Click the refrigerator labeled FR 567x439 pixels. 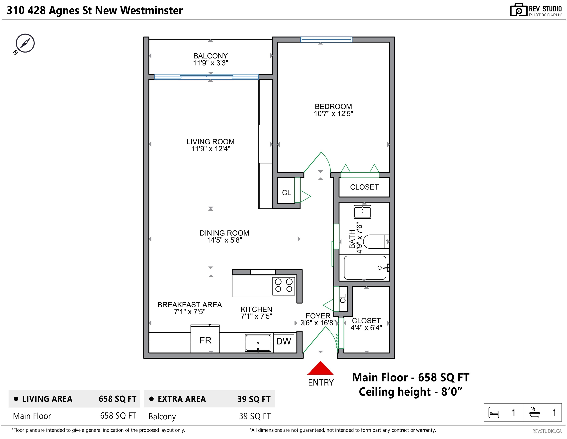pos(205,339)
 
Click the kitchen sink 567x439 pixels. pos(258,343)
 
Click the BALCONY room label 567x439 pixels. pos(210,56)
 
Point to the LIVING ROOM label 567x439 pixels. pos(210,142)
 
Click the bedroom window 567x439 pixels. pos(326,39)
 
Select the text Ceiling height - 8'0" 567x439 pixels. pos(410,392)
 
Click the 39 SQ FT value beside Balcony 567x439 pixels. pos(255,416)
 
